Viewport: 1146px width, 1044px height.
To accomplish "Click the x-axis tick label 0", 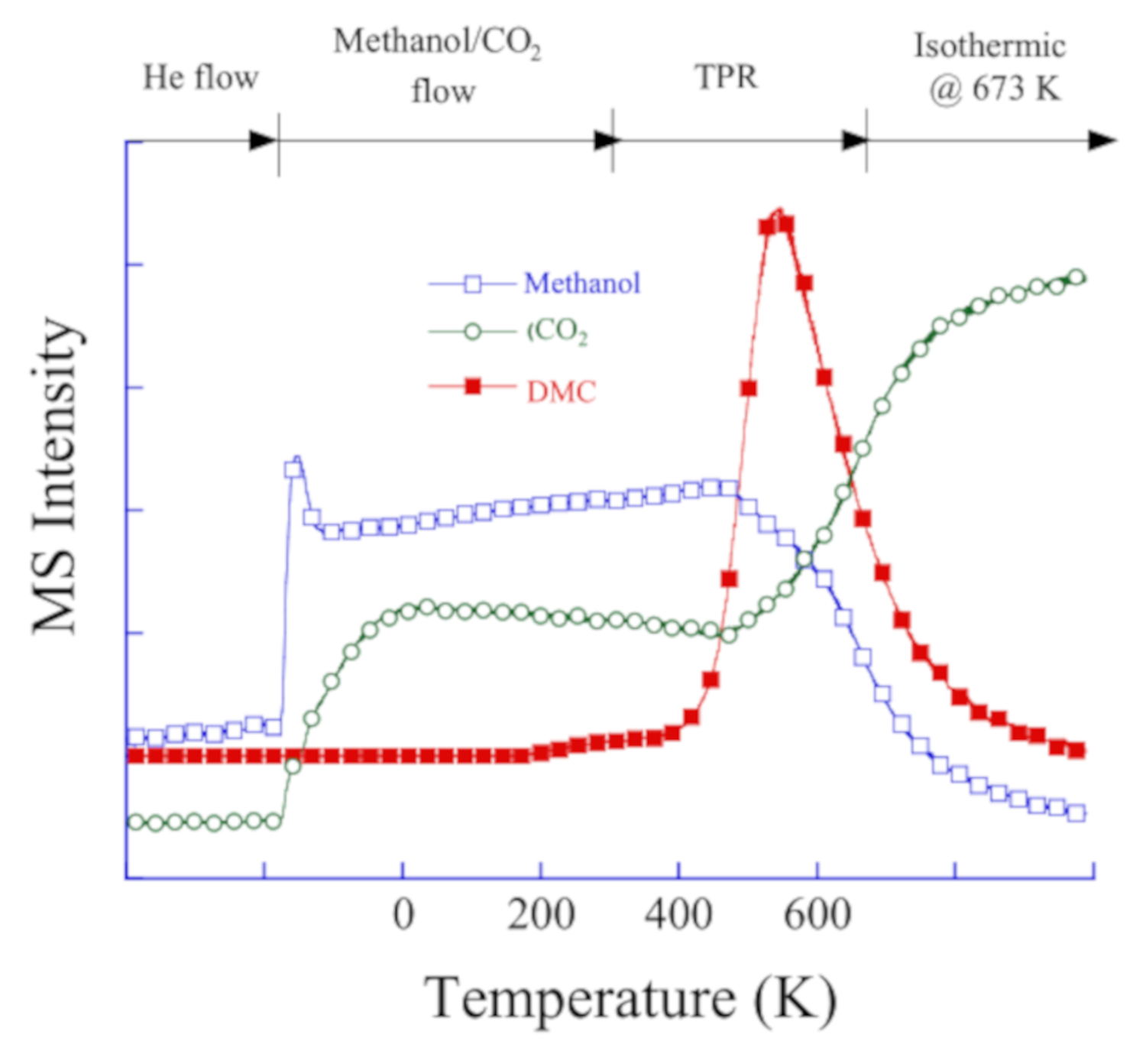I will (x=403, y=915).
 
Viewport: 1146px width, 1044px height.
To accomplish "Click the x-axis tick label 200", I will (x=541, y=915).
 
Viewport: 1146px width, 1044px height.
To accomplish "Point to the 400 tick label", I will (x=678, y=915).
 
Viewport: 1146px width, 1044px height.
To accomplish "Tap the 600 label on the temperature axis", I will (x=817, y=915).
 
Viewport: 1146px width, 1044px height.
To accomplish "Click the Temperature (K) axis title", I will (x=630, y=998).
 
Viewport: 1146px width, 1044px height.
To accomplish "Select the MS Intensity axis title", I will (x=55, y=475).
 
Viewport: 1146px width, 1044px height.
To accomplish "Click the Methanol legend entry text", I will (x=581, y=284).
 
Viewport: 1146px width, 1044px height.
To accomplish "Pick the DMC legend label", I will (x=562, y=391).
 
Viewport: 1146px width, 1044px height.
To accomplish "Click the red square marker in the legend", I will (x=473, y=387).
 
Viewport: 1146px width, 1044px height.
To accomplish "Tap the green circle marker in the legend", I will (x=473, y=332).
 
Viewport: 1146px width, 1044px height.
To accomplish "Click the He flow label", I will (x=201, y=78).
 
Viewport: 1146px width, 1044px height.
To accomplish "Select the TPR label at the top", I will (x=727, y=78).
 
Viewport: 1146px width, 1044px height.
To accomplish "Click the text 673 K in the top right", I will (x=1015, y=90).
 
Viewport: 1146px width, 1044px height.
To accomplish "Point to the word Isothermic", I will (x=990, y=46).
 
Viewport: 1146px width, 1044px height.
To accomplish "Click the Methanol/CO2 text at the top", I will (x=437, y=43).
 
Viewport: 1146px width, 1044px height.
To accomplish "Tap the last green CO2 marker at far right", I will (x=1076, y=277).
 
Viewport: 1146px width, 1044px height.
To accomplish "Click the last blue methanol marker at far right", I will (x=1076, y=813).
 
